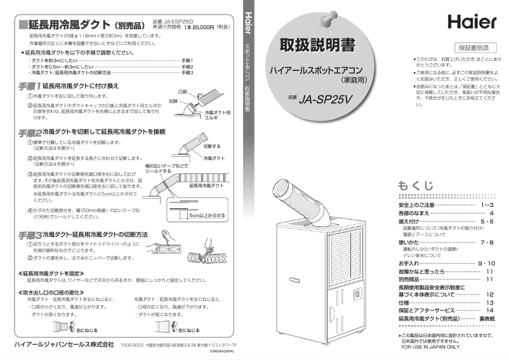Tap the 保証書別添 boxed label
pos(474,48)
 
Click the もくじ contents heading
pos(416,185)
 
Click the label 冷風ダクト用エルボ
pos(216,115)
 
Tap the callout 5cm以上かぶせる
pos(206,215)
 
